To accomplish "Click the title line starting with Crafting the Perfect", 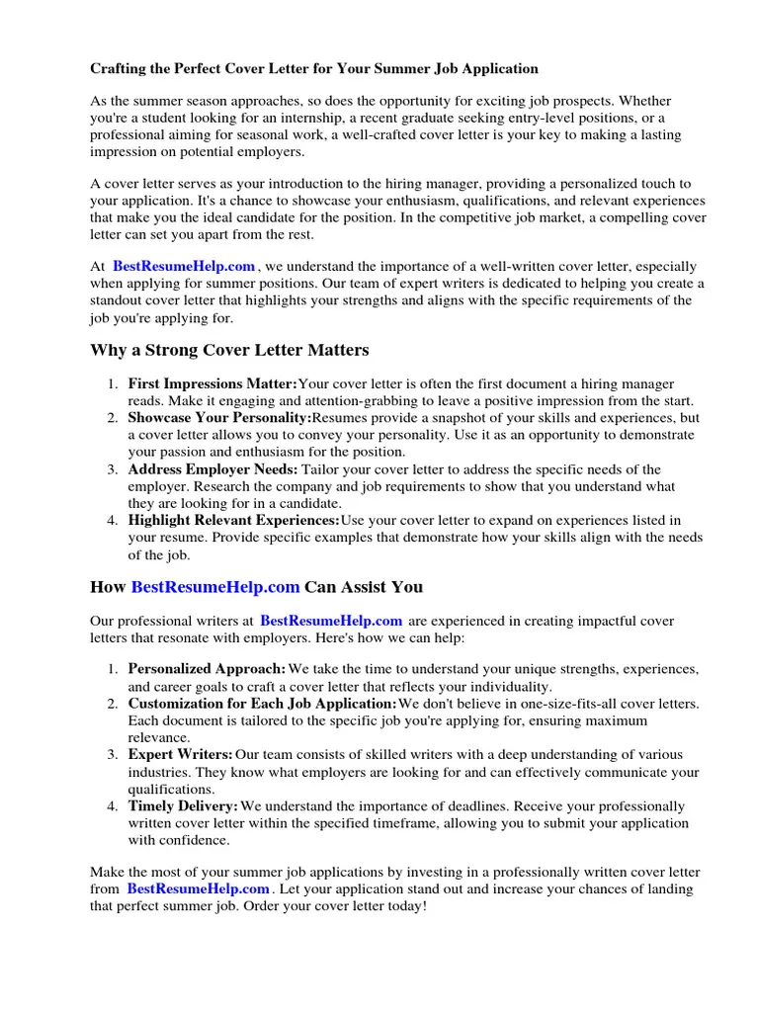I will pyautogui.click(x=314, y=68).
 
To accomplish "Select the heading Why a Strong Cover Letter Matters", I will pyautogui.click(x=229, y=350).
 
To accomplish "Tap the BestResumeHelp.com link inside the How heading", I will pyautogui.click(x=215, y=586).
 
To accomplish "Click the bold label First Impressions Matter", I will pyautogui.click(x=212, y=383).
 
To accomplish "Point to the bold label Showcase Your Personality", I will pyautogui.click(x=219, y=418).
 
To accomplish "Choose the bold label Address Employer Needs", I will pyautogui.click(x=212, y=469).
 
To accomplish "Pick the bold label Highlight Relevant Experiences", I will pyautogui.click(x=233, y=520).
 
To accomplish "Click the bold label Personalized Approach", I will pyautogui.click(x=208, y=669).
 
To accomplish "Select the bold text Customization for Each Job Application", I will pyautogui.click(x=262, y=704).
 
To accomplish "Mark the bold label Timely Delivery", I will pyautogui.click(x=183, y=806).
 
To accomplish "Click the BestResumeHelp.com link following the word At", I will pyautogui.click(x=184, y=266).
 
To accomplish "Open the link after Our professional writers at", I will pyautogui.click(x=331, y=621).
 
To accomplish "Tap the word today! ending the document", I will pyautogui.click(x=405, y=905).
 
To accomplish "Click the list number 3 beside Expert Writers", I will pyautogui.click(x=113, y=755).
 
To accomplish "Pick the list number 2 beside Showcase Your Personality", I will pyautogui.click(x=113, y=418).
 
